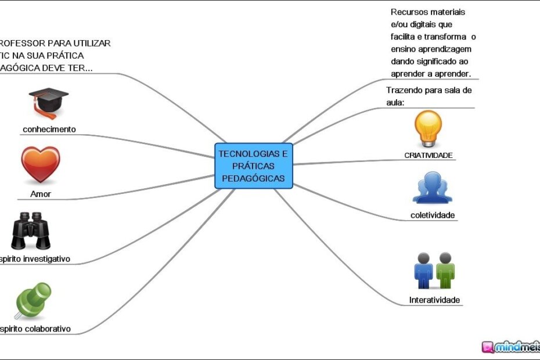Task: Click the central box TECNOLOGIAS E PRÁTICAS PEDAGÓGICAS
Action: (254, 166)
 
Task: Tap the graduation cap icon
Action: (48, 103)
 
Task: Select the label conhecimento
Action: (49, 129)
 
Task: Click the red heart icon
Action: (41, 165)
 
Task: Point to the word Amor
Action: (41, 194)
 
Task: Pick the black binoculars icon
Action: (32, 231)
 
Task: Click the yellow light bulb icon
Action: (429, 128)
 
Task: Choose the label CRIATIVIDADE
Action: (429, 155)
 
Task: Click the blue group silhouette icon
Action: (432, 188)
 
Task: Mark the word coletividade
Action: (432, 215)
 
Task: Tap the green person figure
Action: (445, 271)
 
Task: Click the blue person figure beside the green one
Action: (424, 271)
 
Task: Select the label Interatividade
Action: (434, 300)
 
